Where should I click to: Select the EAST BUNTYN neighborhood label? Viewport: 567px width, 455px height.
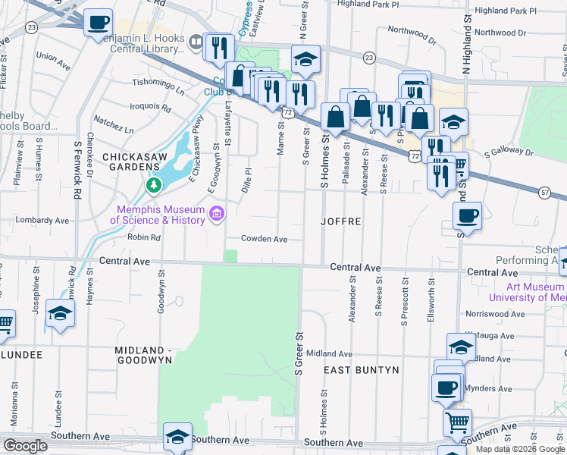[362, 370]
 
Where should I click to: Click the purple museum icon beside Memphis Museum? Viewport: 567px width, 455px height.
[217, 215]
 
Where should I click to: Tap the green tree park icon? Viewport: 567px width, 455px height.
[154, 186]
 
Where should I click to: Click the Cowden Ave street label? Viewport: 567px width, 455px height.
[264, 239]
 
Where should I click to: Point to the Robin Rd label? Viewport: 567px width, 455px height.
[145, 237]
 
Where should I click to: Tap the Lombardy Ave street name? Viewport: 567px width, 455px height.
[42, 221]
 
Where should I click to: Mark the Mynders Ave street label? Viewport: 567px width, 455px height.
[500, 388]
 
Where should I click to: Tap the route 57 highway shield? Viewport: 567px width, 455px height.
[545, 194]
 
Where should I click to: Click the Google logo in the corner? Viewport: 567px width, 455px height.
[25, 445]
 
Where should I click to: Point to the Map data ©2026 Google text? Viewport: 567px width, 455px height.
[519, 449]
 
